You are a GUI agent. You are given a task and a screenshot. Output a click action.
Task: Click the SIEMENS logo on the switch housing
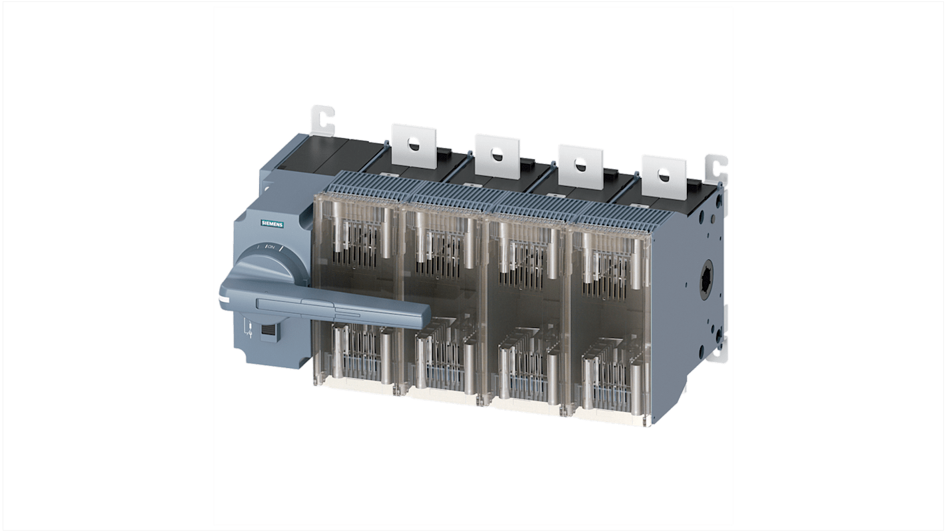(x=271, y=224)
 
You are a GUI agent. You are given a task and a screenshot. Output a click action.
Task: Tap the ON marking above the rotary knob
(x=270, y=247)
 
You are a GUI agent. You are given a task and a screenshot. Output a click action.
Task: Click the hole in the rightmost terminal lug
(x=664, y=175)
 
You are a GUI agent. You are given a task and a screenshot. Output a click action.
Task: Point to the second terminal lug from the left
(x=497, y=156)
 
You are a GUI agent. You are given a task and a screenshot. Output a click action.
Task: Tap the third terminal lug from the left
(x=580, y=165)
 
